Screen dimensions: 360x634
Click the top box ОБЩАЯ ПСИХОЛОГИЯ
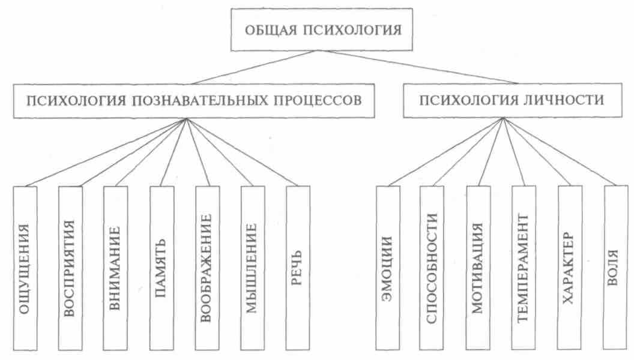pyautogui.click(x=322, y=29)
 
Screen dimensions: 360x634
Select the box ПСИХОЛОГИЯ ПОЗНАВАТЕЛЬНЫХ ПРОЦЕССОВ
pyautogui.click(x=193, y=99)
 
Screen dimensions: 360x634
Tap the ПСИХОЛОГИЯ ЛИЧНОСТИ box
pyautogui.click(x=512, y=99)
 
